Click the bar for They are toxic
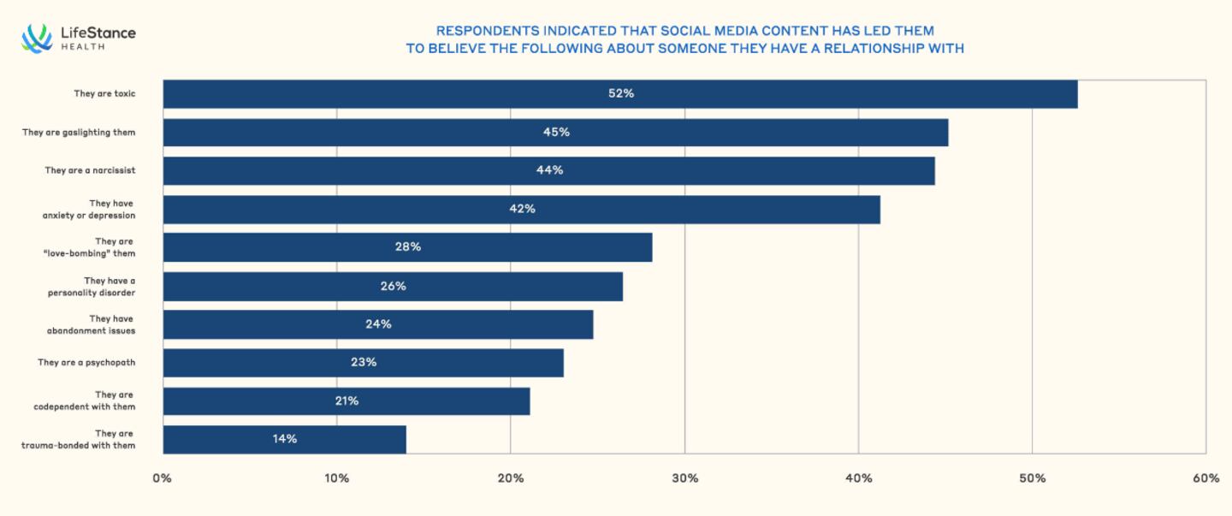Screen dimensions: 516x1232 620,94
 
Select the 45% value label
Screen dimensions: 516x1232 556,132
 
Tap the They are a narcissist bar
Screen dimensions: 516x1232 548,170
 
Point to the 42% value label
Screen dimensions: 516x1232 522,209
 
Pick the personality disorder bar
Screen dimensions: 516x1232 393,286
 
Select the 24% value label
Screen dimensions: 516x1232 378,324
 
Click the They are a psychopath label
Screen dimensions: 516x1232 86,363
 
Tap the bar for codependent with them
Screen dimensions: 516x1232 346,400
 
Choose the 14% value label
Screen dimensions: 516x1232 285,439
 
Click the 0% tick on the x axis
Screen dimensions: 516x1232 162,478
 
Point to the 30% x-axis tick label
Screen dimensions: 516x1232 684,478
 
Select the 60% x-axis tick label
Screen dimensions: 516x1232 1205,478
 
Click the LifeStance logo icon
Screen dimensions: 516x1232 37,39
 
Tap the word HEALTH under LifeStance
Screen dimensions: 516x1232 83,47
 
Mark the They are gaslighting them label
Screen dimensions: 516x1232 79,133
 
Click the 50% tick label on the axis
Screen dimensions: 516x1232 1032,478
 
